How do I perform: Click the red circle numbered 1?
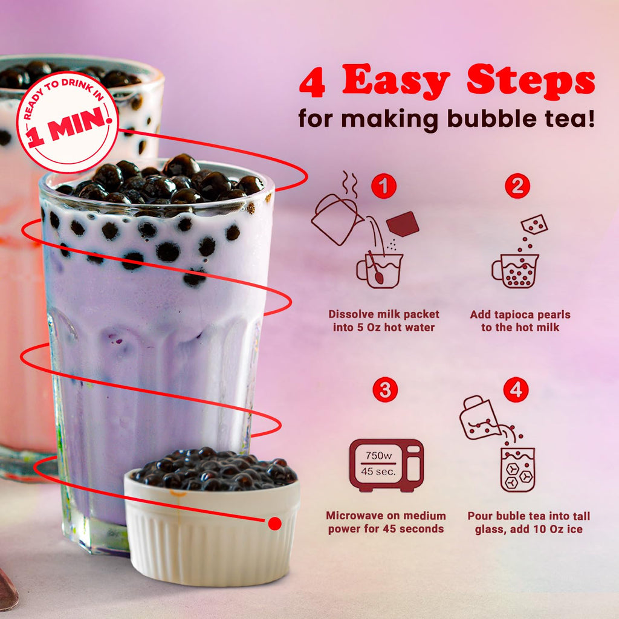pos(383,187)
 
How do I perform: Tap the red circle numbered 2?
pos(517,187)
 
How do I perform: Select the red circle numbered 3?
pos(384,390)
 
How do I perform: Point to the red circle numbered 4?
pos(516,390)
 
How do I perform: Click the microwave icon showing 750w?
pos(386,464)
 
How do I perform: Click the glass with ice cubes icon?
pos(517,468)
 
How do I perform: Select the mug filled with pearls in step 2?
pos(516,270)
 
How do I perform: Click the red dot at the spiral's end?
pos(274,523)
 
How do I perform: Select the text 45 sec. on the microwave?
pos(378,471)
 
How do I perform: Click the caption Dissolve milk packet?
pos(384,314)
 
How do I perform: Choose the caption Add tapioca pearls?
pos(520,314)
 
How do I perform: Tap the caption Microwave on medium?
pos(386,516)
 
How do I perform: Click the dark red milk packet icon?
pos(403,224)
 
